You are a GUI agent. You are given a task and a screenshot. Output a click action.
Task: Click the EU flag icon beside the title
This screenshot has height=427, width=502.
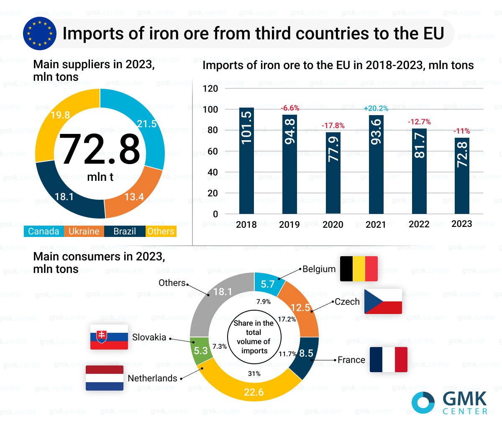coord(40,33)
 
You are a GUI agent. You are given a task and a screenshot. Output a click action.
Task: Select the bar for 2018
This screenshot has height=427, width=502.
coord(246,161)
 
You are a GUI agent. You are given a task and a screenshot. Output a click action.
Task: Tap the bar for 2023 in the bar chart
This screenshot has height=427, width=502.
coord(462,176)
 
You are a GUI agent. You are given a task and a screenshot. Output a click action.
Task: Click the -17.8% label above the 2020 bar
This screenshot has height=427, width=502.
coord(333,126)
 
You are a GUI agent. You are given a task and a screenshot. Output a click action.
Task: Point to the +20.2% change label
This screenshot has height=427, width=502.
coord(376,108)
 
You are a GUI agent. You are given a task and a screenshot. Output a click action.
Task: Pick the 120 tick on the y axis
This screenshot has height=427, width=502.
coord(210,88)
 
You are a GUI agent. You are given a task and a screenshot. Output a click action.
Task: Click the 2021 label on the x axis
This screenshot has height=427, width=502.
coord(376,225)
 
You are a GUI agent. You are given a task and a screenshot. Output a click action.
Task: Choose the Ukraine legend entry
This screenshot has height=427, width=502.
coord(84,232)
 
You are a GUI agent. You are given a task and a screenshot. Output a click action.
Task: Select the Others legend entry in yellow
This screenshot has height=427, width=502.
coord(161,232)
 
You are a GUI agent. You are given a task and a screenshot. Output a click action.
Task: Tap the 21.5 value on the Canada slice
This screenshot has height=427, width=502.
coord(146,124)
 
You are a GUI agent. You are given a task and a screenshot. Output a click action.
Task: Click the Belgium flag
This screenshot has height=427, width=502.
coord(359,269)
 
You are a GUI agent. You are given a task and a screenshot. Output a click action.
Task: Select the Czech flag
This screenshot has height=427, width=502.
coord(383,301)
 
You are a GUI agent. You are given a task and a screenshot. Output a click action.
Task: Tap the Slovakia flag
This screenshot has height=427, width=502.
coord(109,337)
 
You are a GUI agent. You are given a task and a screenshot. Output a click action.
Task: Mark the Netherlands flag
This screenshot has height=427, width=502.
coord(105,378)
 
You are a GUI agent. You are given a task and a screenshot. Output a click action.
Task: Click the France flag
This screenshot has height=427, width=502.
coord(388,360)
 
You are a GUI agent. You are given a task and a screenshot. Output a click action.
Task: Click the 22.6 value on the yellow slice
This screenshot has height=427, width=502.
coord(254,392)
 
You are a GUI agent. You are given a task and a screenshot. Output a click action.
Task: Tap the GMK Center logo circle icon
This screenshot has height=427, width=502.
coord(423,403)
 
